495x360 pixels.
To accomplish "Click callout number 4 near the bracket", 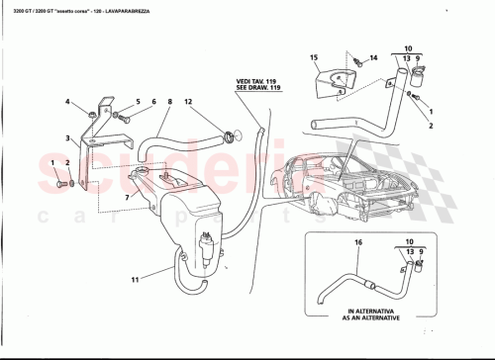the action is [x=68, y=102].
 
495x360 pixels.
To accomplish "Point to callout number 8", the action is [x=168, y=102].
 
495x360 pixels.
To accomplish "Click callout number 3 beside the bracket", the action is [x=68, y=138].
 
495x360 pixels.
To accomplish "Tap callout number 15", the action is [x=313, y=58].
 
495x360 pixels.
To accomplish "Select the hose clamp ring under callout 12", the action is [x=231, y=136].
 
